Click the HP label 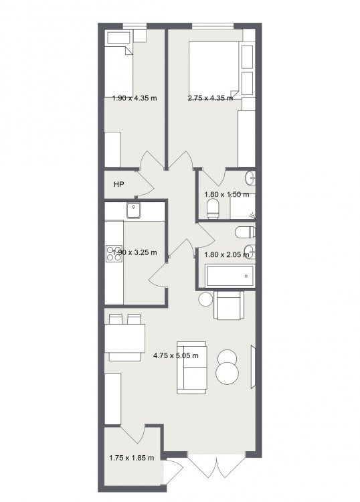[118, 185]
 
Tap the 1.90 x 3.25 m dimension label [134, 252]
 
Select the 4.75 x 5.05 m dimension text [176, 355]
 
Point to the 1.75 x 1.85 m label [132, 458]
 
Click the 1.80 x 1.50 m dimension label [227, 194]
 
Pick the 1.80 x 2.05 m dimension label [227, 255]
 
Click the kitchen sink [134, 210]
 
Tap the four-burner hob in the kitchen [114, 253]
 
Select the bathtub [230, 276]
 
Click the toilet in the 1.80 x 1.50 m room [213, 208]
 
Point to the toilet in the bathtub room [245, 232]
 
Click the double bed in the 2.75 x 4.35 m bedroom [214, 70]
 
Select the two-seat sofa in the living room [191, 367]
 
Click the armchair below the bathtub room [228, 305]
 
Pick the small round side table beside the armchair [205, 299]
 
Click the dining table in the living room [125, 339]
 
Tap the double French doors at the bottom [217, 465]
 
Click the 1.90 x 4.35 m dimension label [134, 98]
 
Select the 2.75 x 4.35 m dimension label [210, 98]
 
